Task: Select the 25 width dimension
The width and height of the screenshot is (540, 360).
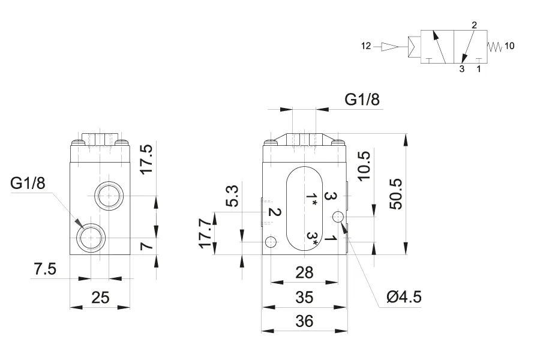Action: (100, 298)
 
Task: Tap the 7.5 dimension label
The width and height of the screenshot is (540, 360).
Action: (45, 269)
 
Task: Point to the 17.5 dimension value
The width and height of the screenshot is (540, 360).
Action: (147, 159)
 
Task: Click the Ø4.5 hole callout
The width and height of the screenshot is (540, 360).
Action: (404, 296)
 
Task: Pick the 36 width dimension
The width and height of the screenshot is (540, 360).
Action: (304, 321)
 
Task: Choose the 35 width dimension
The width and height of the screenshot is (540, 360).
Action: (304, 298)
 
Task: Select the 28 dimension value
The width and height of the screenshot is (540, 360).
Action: (304, 273)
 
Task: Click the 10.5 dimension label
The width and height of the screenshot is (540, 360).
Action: (364, 166)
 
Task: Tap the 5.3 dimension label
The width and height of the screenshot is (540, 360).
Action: (233, 196)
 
